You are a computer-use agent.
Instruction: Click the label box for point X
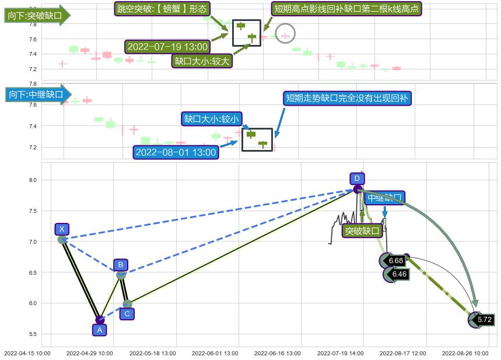62,229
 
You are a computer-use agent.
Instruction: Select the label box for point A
100,330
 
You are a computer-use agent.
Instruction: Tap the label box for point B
120,264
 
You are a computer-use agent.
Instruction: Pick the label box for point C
127,314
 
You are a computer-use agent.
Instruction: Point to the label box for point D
356,179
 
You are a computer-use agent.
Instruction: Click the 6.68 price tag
396,261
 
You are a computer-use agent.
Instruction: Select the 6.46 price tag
399,274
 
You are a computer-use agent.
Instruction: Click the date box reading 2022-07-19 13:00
167,47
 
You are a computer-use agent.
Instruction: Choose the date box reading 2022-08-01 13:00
176,153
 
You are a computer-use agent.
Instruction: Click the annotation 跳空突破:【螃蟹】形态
162,9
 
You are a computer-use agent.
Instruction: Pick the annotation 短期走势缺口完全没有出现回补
348,98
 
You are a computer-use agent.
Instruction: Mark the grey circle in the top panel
285,34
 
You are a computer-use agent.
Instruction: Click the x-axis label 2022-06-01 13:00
215,353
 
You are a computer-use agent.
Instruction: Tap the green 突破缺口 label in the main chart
362,231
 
